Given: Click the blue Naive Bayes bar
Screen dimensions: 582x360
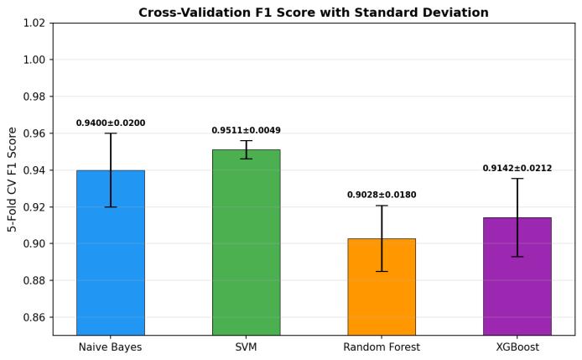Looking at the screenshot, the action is tap(111, 253).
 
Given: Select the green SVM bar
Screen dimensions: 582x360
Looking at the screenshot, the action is tap(246, 243).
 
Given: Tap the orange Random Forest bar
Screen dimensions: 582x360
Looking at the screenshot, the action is tap(382, 287).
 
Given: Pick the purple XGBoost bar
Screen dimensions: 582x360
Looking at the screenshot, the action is tap(517, 276).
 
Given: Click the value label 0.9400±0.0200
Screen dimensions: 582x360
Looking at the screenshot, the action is tap(111, 123).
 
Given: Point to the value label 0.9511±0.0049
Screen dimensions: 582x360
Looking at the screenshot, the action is tap(246, 130).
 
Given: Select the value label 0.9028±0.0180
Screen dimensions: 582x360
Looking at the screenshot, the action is tap(382, 195).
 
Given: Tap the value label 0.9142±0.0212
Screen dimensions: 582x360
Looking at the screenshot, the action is tap(517, 169).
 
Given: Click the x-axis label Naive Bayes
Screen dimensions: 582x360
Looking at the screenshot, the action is tap(110, 347).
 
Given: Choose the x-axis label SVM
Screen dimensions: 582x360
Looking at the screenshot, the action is tap(246, 347).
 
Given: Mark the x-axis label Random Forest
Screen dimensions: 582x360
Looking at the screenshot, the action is tap(382, 347).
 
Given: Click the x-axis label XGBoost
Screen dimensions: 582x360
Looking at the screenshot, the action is tap(517, 347).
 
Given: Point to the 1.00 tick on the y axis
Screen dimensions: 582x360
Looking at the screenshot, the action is tap(35, 60).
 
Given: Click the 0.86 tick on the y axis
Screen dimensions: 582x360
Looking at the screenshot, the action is tap(35, 317).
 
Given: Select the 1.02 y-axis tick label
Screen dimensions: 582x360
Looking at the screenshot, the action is tap(35, 23).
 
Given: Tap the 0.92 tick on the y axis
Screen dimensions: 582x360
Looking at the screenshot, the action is tap(35, 207).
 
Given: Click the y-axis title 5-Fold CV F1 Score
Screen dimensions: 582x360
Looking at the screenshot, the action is tap(13, 180).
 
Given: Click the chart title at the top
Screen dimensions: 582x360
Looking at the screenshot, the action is tap(314, 13).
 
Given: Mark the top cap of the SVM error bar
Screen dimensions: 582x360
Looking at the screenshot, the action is tap(246, 140).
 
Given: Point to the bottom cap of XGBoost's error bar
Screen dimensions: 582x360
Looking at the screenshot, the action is tap(517, 256).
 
